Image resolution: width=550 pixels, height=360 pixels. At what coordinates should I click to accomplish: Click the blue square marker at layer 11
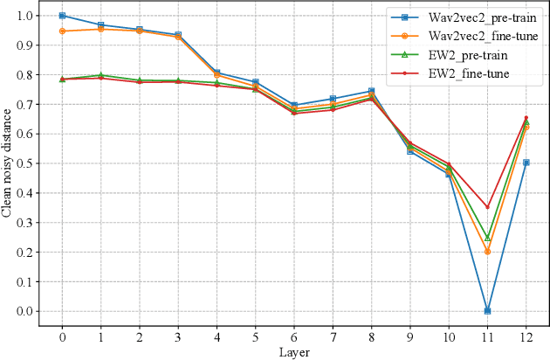coord(487,310)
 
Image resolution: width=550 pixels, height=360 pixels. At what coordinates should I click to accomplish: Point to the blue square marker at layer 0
coord(62,16)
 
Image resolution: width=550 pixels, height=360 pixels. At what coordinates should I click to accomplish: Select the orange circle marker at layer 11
coord(487,252)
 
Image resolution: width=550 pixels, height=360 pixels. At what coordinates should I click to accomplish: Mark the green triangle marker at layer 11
coord(487,237)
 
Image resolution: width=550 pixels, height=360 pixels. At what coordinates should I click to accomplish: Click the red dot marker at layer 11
coord(487,207)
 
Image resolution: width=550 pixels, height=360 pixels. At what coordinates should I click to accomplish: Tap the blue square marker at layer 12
coord(526,163)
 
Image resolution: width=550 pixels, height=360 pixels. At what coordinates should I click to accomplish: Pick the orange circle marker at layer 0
coord(62,31)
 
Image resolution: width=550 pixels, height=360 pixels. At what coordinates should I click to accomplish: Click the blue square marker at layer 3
coord(178,35)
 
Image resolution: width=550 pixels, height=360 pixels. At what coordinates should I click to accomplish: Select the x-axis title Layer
coord(294,352)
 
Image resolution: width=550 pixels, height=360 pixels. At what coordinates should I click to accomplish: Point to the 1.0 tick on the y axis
coord(25,16)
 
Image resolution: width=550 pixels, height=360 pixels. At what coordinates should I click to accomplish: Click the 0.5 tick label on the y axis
coord(25,163)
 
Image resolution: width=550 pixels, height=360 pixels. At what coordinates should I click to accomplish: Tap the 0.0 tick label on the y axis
coord(25,311)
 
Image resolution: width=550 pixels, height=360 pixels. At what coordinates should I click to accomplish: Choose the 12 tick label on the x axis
coord(526,336)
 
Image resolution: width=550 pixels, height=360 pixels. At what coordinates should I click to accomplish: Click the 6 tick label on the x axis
coord(294,336)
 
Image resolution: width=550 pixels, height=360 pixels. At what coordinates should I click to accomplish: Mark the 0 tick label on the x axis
coord(62,336)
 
